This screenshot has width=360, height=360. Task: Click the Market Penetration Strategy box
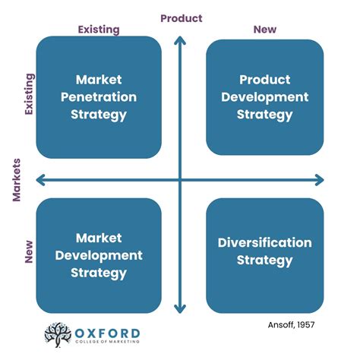(x=99, y=96)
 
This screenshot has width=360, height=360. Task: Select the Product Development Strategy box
(x=264, y=96)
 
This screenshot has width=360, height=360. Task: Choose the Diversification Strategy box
(x=264, y=251)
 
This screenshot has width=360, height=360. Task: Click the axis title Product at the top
(x=181, y=17)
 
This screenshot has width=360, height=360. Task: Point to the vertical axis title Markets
(x=16, y=180)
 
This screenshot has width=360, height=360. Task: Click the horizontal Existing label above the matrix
(x=99, y=30)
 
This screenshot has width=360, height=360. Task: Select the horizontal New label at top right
(x=265, y=30)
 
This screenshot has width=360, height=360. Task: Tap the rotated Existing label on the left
(x=30, y=94)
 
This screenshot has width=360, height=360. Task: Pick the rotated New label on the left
(x=30, y=251)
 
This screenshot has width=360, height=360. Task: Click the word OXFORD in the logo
(x=108, y=332)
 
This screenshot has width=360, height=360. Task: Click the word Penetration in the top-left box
(x=99, y=97)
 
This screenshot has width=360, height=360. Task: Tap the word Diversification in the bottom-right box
(x=264, y=243)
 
